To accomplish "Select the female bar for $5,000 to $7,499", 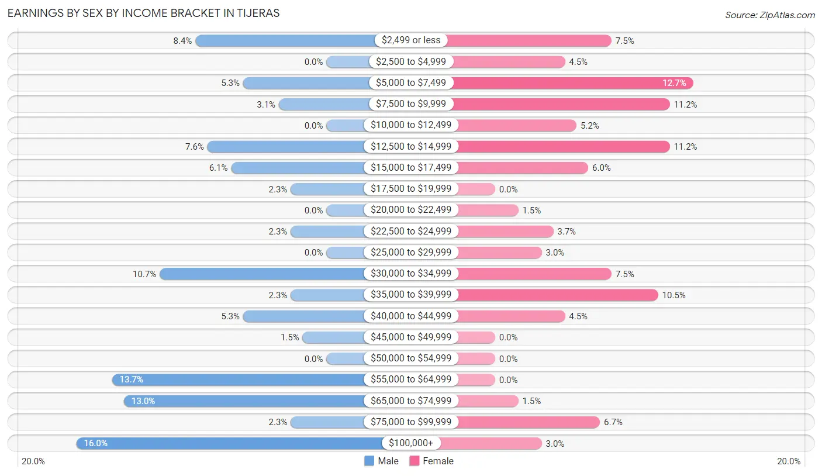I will click(573, 83).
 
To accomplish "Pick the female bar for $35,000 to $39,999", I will click(555, 295).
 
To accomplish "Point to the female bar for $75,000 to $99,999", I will click(526, 422).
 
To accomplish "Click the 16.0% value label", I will click(96, 443).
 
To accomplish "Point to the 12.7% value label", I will click(674, 83).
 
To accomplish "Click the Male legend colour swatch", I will click(369, 461).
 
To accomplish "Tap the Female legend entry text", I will click(438, 461).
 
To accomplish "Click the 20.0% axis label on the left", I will click(33, 461).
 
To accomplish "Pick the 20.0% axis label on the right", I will click(789, 461).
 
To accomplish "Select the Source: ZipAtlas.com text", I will click(770, 15).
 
